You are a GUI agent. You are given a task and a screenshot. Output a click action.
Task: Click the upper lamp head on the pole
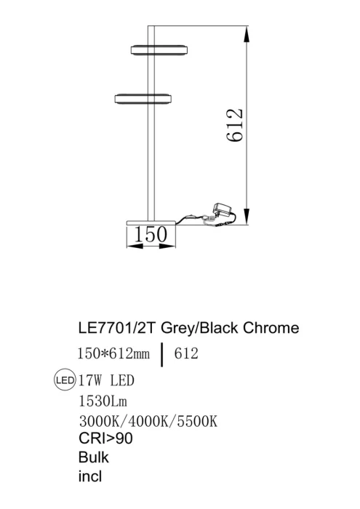coord(159,49)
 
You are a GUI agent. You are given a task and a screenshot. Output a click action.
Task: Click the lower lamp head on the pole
coord(143,97)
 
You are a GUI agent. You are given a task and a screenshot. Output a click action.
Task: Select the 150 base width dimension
coord(151,234)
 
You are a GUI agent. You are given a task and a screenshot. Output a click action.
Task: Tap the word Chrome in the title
coord(271,328)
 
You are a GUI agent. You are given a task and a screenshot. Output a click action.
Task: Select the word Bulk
coord(93,458)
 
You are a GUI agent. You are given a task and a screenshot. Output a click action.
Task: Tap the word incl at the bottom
coord(89,477)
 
